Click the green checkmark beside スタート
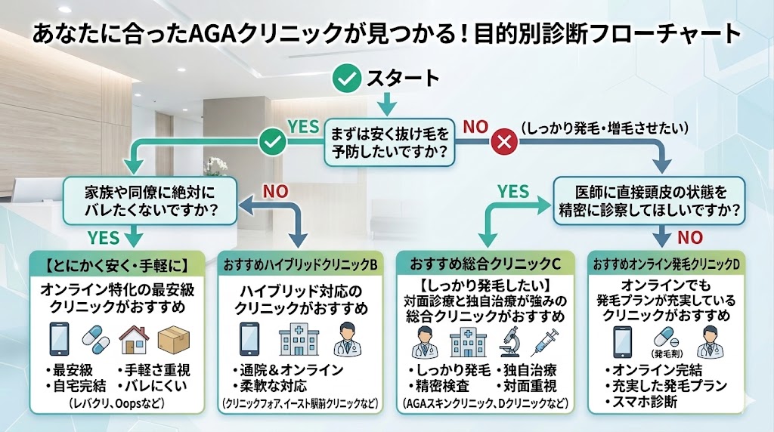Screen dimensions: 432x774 348,78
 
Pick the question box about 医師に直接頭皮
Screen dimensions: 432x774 649,200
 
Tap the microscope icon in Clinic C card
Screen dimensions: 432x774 509,344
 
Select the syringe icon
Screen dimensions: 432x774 546,344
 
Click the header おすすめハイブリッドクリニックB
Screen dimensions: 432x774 300,265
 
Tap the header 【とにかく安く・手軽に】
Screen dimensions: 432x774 116,265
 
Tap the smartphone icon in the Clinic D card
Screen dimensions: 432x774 623,341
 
